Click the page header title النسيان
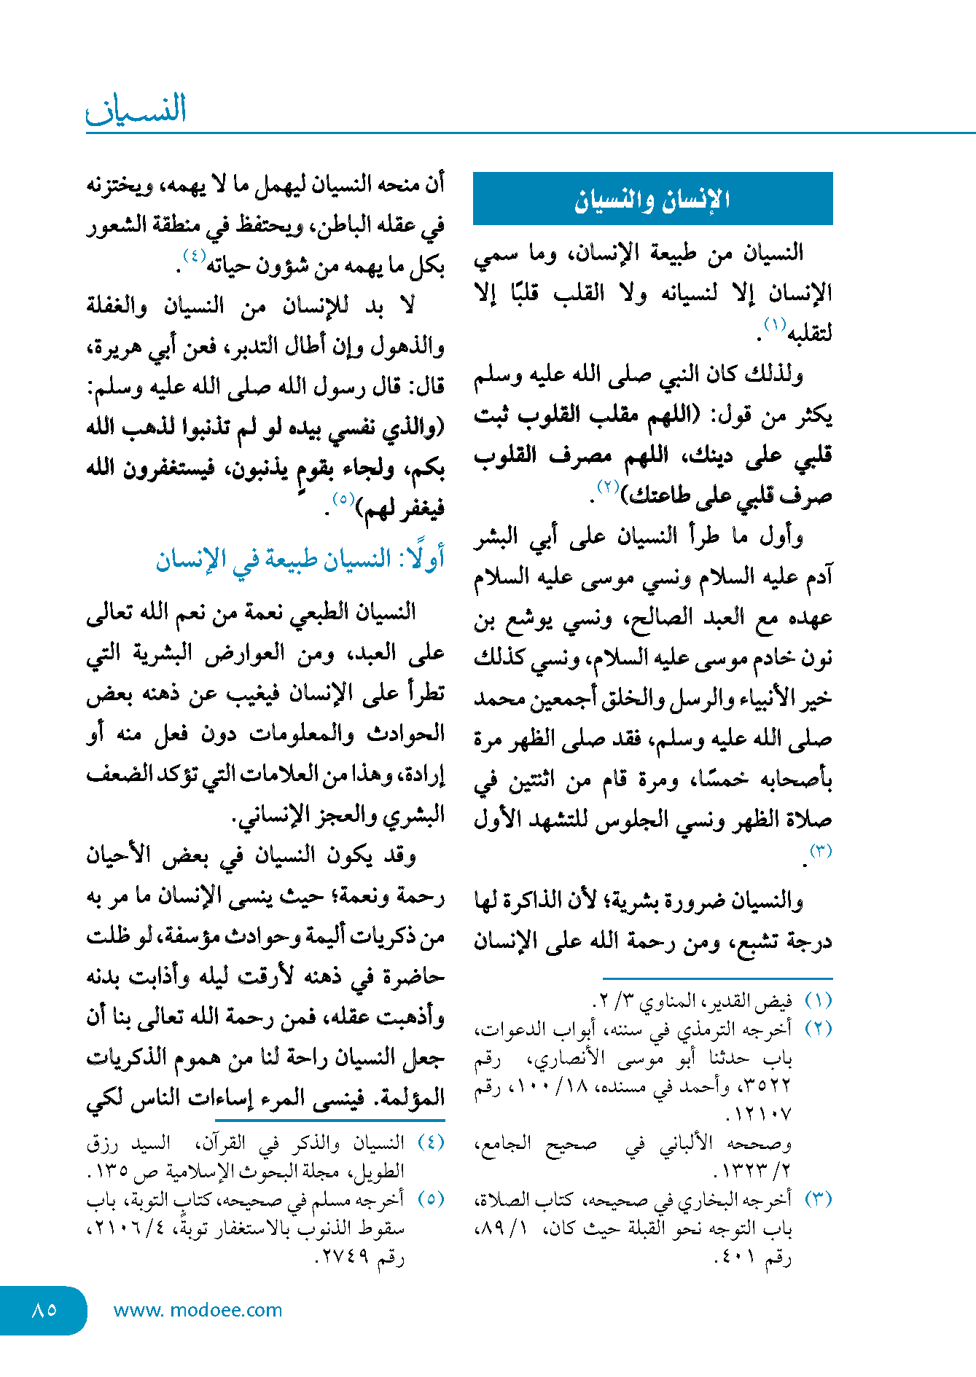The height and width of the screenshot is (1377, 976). (x=137, y=109)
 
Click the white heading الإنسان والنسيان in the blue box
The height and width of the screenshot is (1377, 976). (x=652, y=200)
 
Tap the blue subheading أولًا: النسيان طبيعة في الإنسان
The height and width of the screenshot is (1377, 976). (x=300, y=560)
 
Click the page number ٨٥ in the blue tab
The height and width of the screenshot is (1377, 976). (x=44, y=1309)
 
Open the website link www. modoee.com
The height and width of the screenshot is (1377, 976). (x=198, y=1310)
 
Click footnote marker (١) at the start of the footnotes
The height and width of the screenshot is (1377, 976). (x=818, y=1001)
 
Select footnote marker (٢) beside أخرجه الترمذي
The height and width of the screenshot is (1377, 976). (x=818, y=1029)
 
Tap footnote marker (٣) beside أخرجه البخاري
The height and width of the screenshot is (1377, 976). (x=818, y=1199)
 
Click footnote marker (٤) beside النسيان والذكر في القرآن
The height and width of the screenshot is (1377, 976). (x=431, y=1142)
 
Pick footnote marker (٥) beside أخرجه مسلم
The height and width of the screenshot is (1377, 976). (x=431, y=1199)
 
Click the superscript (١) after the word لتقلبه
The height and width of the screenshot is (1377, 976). (x=774, y=323)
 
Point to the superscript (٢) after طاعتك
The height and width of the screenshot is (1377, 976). (x=608, y=486)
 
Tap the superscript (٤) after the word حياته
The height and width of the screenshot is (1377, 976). (x=194, y=256)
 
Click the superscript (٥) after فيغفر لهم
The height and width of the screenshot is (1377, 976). (x=343, y=499)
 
